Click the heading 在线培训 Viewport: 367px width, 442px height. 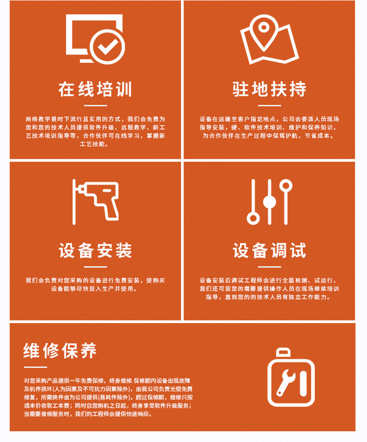tap(95, 90)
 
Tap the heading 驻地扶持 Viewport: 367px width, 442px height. tap(269, 90)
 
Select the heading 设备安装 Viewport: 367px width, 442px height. tap(95, 250)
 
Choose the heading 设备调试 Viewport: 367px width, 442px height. tap(269, 250)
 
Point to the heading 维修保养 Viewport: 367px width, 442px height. tap(60, 350)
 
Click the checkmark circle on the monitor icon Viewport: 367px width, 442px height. tap(107, 46)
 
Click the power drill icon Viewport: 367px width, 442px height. tap(96, 202)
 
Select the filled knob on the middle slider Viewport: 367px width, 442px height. tap(270, 202)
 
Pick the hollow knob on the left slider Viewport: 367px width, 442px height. tap(253, 218)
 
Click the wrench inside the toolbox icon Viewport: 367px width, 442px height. tap(286, 382)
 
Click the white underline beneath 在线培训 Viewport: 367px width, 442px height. tap(95, 106)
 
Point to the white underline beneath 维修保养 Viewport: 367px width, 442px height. tap(36, 367)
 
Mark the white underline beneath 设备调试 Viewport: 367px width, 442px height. tap(270, 267)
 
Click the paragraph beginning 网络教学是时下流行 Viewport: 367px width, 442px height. tap(95, 132)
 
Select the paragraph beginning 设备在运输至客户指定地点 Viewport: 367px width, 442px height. tap(269, 127)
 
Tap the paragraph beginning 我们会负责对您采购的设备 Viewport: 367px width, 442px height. tap(95, 284)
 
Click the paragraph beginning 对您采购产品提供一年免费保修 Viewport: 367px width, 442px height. tap(108, 397)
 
